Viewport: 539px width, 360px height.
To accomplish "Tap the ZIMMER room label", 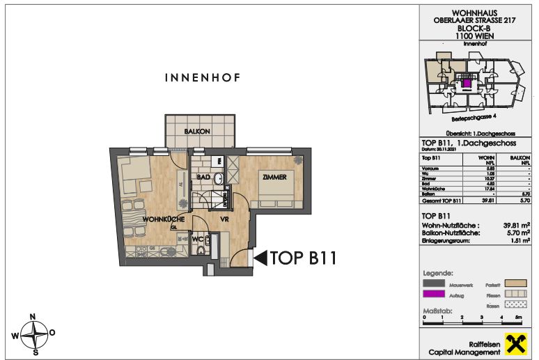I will (274, 178).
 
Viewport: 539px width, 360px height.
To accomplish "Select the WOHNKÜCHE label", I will (163, 220).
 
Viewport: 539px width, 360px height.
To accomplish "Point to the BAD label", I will (203, 178).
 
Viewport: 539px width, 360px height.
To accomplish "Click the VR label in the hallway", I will (226, 219).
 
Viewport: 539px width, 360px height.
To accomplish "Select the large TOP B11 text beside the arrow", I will (304, 259).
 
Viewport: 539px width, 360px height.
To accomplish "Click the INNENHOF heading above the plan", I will (202, 79).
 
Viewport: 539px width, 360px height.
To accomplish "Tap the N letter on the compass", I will (33, 316).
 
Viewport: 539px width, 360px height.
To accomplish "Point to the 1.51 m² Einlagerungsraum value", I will (516, 242).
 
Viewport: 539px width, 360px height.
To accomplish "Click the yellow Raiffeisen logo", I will (517, 343).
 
